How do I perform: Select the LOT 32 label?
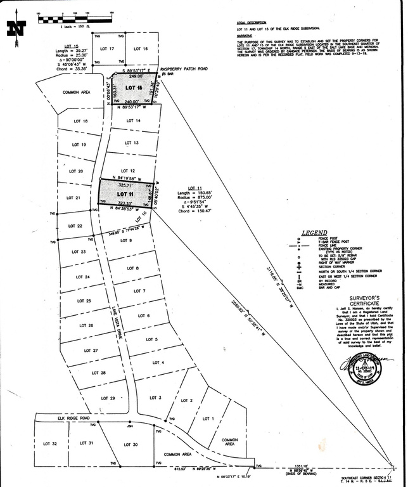[x=51, y=443]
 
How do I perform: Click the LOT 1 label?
[x=208, y=419]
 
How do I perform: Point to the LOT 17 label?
[x=107, y=49]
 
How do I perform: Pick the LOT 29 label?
[x=108, y=399]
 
